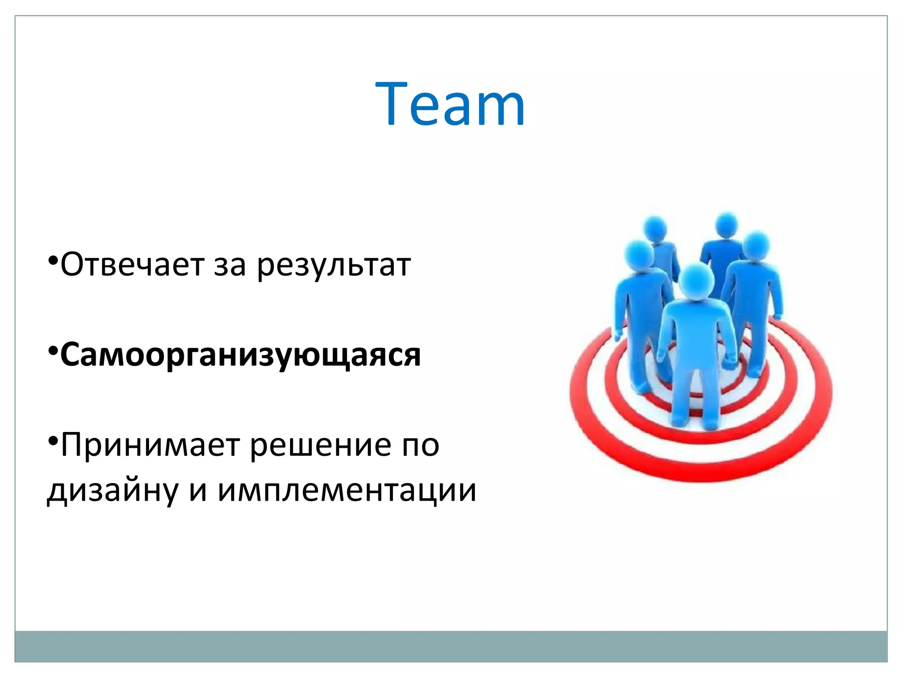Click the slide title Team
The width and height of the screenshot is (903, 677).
[x=450, y=104]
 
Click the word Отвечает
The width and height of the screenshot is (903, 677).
[x=132, y=265]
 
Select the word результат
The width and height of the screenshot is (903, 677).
[x=334, y=266]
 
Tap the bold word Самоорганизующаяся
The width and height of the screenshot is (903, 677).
[x=241, y=355]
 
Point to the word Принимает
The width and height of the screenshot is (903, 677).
[x=150, y=445]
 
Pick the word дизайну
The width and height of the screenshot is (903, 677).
[x=112, y=491]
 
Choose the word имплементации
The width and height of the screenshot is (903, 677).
[x=347, y=491]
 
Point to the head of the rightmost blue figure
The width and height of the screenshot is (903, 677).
[x=756, y=246]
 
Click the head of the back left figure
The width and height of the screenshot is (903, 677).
[x=655, y=228]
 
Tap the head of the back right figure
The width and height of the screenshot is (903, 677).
[x=726, y=225]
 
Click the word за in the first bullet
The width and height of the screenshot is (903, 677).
[x=230, y=266]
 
